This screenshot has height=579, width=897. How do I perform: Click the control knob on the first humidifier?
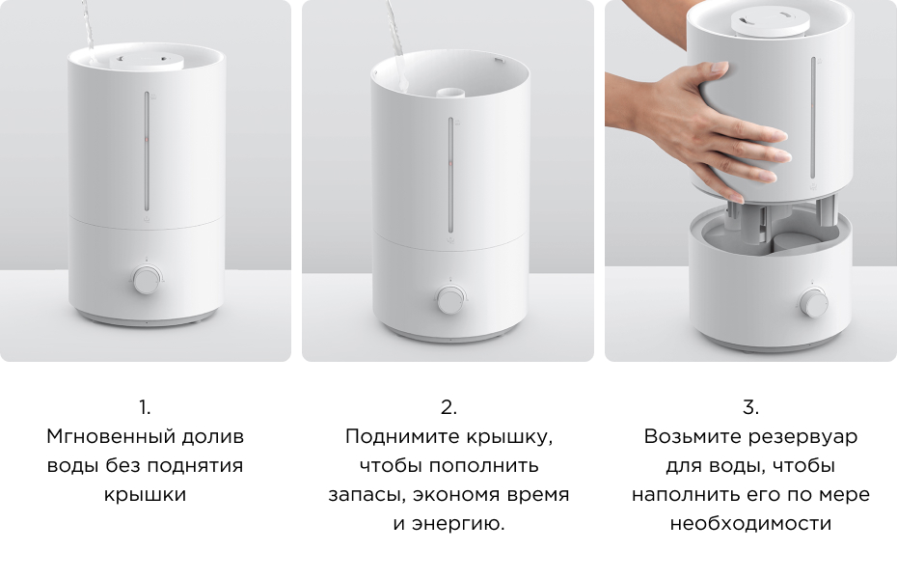click(x=147, y=281)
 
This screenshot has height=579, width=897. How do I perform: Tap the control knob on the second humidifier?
click(x=449, y=299)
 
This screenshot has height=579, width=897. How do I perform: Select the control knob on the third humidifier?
click(x=812, y=303)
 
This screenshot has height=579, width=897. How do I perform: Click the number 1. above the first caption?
click(x=145, y=407)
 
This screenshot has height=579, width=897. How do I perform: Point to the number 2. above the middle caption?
click(x=448, y=407)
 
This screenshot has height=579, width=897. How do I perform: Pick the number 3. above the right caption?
click(x=751, y=407)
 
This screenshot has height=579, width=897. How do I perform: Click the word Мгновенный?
click(x=98, y=437)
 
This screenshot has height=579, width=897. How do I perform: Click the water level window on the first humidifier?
click(x=147, y=151)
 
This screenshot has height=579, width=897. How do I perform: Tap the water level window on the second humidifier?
click(x=449, y=174)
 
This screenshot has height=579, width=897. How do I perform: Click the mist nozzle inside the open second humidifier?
click(x=449, y=95)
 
